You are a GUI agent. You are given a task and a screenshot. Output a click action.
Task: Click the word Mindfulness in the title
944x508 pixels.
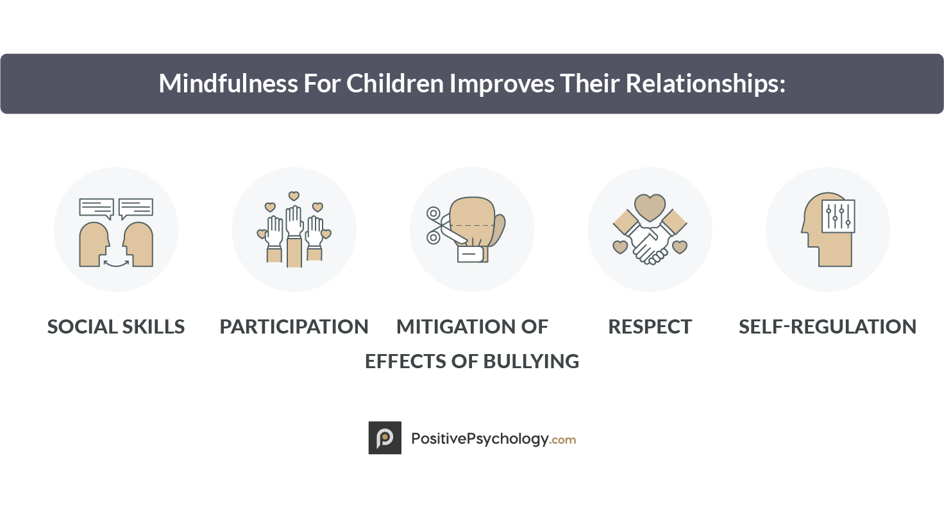pyautogui.click(x=228, y=83)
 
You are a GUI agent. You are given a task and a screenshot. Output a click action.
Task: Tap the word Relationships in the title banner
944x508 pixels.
pyautogui.click(x=705, y=84)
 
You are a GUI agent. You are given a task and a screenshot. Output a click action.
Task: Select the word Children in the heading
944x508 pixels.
pyautogui.click(x=395, y=83)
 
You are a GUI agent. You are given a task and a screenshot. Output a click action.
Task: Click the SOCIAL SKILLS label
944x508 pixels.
pyautogui.click(x=116, y=326)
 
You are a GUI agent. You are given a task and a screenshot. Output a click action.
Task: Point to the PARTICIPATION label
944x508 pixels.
pyautogui.click(x=294, y=326)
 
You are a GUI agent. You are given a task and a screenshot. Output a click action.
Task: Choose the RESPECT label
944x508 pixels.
pyautogui.click(x=650, y=326)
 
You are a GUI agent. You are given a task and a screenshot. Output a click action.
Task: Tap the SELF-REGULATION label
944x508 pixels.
pyautogui.click(x=827, y=326)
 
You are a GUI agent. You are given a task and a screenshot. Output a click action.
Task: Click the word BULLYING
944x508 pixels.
pyautogui.click(x=531, y=361)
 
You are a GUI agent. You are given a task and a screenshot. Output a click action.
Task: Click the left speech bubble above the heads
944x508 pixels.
pyautogui.click(x=96, y=208)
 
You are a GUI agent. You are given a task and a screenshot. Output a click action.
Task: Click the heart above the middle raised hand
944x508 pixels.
pyautogui.click(x=294, y=196)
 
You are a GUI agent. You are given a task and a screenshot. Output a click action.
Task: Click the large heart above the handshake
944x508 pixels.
pyautogui.click(x=650, y=207)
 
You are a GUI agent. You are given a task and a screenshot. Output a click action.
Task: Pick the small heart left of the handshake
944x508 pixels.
pyautogui.click(x=620, y=247)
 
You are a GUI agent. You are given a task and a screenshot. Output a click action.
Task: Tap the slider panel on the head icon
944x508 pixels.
pyautogui.click(x=838, y=216)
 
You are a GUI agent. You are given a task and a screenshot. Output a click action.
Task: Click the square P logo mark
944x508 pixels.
pyautogui.click(x=385, y=437)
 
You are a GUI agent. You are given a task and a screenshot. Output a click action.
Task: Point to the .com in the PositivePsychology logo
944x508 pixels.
pyautogui.click(x=562, y=440)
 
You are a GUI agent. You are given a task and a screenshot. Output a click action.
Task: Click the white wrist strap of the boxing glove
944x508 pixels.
pyautogui.click(x=470, y=254)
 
